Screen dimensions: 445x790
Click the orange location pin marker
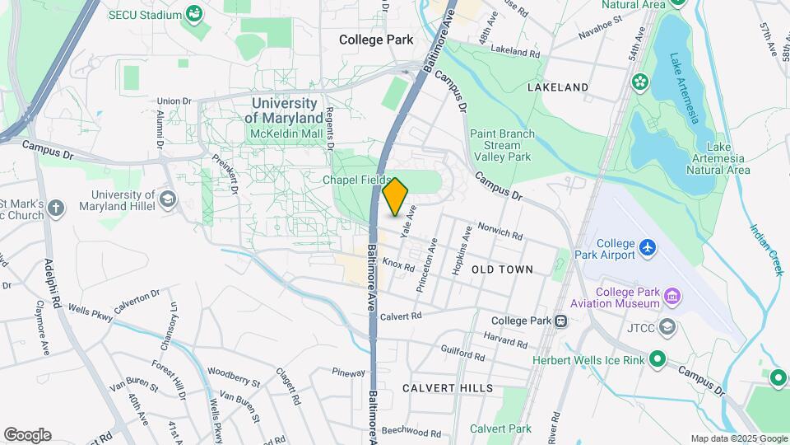396,196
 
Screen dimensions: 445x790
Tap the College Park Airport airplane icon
648,246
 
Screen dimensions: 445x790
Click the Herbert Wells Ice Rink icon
657,358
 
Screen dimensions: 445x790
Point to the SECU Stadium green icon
194,14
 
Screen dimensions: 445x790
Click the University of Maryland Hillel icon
168,199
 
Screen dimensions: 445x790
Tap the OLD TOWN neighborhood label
502,269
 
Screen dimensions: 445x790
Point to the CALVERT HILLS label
448,387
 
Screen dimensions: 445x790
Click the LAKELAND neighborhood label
558,87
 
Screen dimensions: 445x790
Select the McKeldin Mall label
286,133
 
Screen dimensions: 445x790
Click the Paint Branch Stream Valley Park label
502,145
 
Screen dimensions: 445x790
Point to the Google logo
27,435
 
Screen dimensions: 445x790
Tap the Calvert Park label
500,429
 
